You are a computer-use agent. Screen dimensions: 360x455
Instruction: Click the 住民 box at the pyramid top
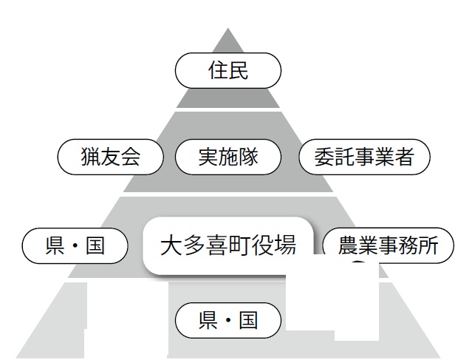(x=228, y=72)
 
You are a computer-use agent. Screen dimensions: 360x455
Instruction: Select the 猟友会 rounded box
(x=110, y=157)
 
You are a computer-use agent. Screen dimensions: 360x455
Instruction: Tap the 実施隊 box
(x=228, y=157)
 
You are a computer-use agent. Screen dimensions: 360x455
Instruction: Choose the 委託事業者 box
(x=364, y=157)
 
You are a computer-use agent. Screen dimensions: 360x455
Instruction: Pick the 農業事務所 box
(x=389, y=246)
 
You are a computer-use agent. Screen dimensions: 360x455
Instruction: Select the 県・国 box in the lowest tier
(x=228, y=321)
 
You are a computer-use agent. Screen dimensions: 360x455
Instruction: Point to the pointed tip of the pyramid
(x=228, y=30)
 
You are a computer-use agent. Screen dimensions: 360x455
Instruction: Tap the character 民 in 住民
(x=239, y=72)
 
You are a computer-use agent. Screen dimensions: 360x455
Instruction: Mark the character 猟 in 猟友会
(x=90, y=157)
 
